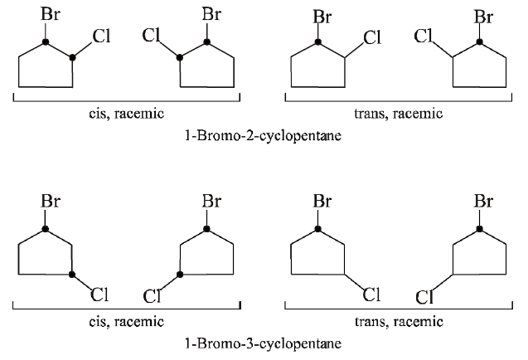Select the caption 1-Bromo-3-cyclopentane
263,342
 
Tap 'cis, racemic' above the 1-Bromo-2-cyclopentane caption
126,114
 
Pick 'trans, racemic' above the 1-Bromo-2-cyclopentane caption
398,114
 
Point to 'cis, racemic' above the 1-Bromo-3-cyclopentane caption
126,321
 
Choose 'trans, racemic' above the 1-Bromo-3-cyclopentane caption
398,321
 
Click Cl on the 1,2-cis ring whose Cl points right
100,36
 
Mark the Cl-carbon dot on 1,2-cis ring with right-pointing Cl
73,57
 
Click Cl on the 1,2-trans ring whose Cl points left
424,36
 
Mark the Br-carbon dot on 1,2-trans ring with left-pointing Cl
479,41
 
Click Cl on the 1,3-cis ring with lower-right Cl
100,293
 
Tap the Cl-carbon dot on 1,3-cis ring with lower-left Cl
180,273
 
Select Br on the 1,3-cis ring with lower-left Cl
211,202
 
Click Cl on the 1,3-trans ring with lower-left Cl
425,296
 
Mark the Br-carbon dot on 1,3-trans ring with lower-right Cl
317,227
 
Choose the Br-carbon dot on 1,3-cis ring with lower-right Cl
46,227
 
